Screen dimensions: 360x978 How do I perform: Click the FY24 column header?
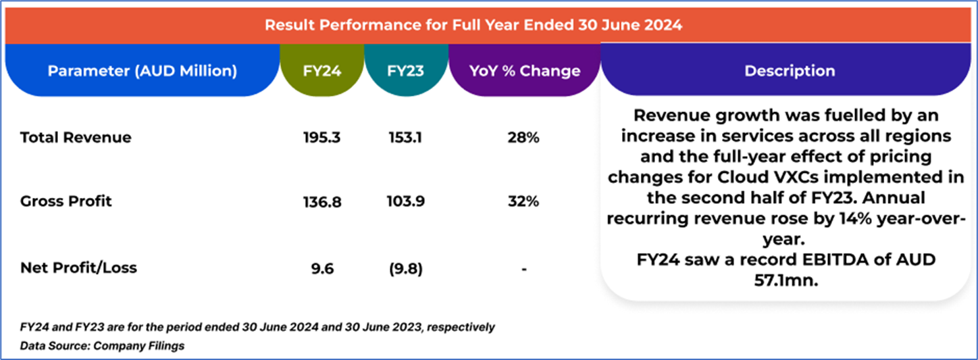[x=321, y=71]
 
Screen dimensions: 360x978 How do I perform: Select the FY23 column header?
[x=405, y=71]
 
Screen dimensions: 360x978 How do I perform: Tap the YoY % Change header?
[x=525, y=71]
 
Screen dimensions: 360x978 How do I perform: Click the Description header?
[x=789, y=71]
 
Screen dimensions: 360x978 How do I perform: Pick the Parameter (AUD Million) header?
[x=142, y=71]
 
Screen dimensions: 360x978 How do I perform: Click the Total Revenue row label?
[x=76, y=138]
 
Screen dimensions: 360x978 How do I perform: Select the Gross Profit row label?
[x=66, y=201]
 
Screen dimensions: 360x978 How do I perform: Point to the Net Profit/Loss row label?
[x=78, y=268]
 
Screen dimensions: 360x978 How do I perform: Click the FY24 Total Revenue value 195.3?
[x=321, y=138]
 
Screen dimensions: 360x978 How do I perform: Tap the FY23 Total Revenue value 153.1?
[x=405, y=138]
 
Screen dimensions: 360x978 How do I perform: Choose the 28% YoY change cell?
[x=524, y=138]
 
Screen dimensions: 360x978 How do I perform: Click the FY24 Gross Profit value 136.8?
[x=321, y=201]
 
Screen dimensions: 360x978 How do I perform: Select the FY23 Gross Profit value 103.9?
[x=405, y=201]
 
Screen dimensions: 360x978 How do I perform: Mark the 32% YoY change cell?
[x=524, y=201]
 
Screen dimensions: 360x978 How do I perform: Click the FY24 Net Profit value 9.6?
[x=321, y=269]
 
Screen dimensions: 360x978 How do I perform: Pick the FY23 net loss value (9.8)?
[x=405, y=269]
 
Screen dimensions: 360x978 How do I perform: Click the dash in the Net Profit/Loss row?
[x=524, y=269]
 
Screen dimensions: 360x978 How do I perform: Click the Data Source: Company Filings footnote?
[x=103, y=346]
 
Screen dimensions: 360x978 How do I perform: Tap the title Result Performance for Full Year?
[x=473, y=26]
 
